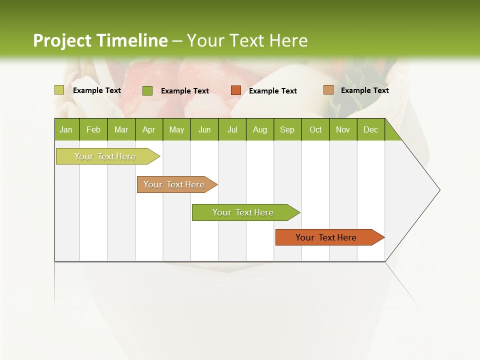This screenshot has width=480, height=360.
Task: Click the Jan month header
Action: coord(66,129)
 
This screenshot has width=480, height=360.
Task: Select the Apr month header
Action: coord(149,129)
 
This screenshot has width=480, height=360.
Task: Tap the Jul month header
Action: coord(232,129)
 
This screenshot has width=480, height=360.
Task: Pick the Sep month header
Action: coord(287,129)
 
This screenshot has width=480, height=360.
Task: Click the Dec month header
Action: coord(370,129)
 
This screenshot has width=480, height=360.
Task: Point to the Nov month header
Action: coord(342,129)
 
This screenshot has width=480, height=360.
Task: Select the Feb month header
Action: coord(93,129)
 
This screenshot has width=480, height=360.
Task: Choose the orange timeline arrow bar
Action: coord(328,237)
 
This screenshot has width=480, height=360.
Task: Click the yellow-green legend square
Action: coord(59,90)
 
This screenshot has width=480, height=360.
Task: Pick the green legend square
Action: coord(147,90)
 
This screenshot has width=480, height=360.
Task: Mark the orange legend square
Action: coord(236,90)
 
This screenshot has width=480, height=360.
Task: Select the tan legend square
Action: coord(328,90)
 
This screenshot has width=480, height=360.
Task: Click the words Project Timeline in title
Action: coord(100,40)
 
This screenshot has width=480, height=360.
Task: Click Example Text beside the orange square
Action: coord(272,91)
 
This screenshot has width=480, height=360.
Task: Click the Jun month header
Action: coord(204,129)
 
